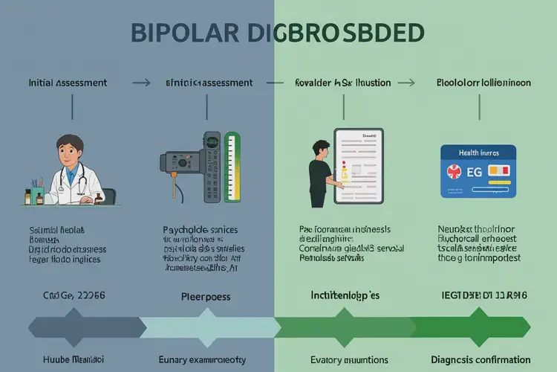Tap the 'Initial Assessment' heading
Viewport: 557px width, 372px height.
[x=68, y=83]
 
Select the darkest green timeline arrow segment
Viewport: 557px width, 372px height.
[x=468, y=327]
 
